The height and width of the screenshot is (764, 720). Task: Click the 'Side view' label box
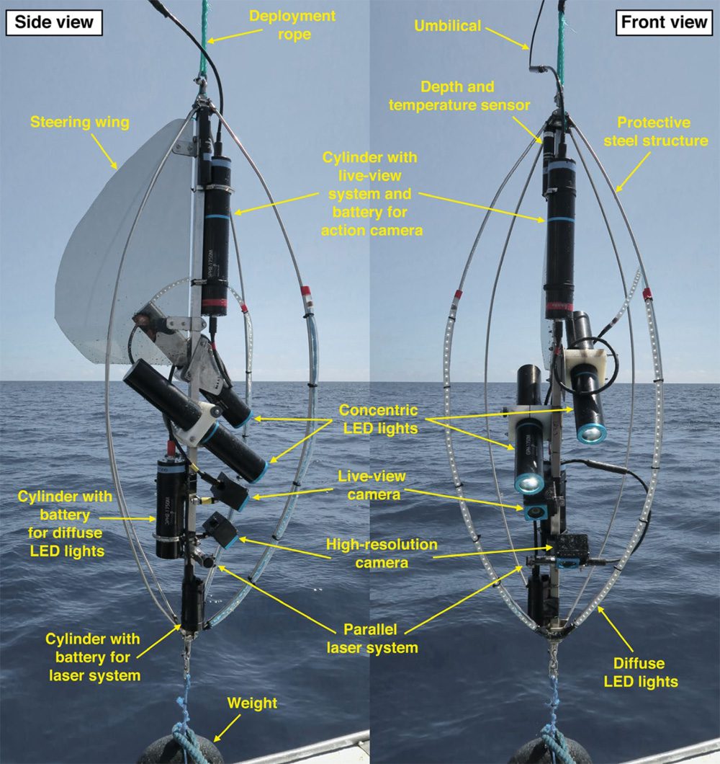click(x=54, y=22)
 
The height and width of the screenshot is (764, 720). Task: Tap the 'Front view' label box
click(x=664, y=22)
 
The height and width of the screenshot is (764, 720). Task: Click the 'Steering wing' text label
click(x=80, y=122)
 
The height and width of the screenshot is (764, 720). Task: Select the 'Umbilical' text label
click(x=447, y=26)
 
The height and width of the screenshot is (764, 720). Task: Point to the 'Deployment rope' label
click(x=292, y=25)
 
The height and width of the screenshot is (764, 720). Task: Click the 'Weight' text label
click(x=252, y=703)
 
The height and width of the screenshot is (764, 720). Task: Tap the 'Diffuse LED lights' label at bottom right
click(x=641, y=672)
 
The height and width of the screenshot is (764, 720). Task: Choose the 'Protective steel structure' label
click(x=655, y=132)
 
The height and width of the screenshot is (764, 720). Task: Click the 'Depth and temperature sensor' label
click(x=459, y=96)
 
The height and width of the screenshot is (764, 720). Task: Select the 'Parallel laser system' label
click(x=372, y=639)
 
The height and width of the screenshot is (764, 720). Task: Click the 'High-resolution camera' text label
click(x=382, y=554)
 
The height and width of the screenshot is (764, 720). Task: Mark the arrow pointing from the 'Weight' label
click(x=227, y=728)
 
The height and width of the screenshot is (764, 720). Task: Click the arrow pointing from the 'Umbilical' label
click(x=508, y=38)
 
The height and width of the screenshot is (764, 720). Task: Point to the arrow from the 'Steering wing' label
click(x=104, y=151)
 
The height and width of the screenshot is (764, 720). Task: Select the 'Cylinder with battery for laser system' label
click(x=94, y=657)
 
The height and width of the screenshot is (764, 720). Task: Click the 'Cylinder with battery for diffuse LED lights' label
click(x=66, y=524)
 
